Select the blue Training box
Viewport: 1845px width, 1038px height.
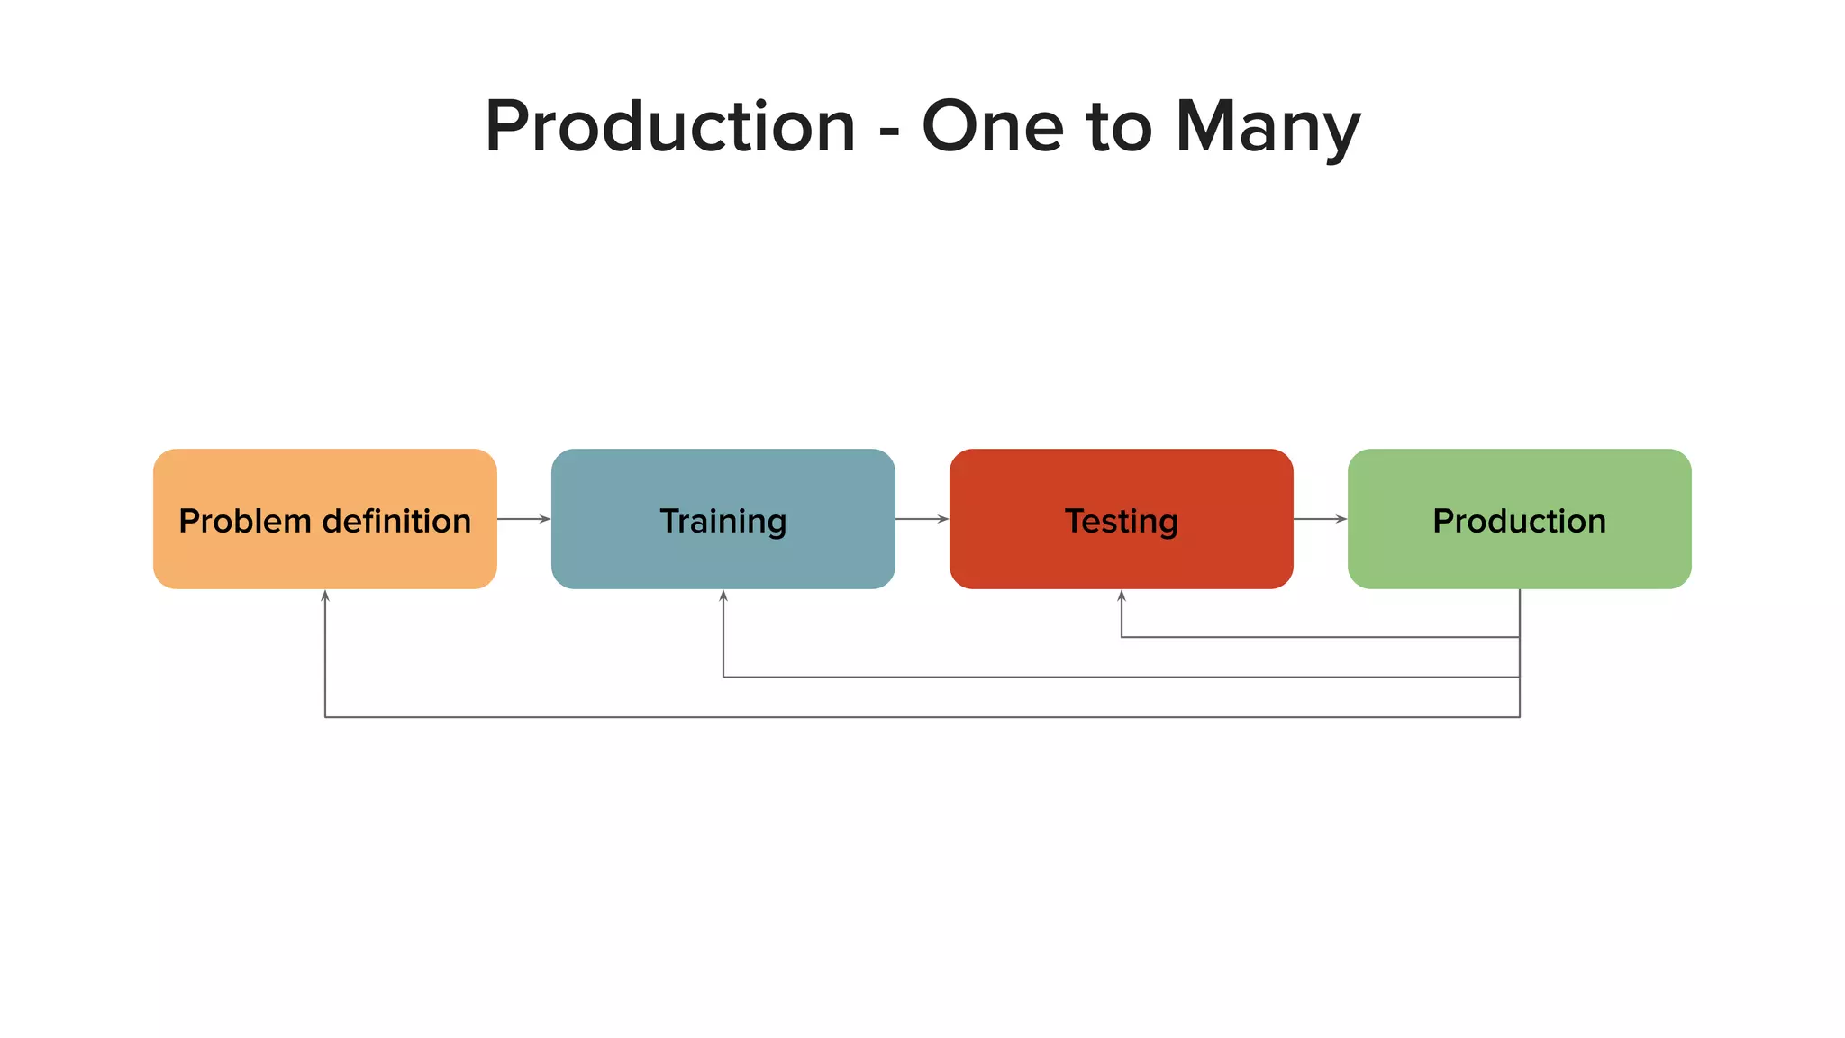723,519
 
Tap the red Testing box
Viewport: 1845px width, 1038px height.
1121,519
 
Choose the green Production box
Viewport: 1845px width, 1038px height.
1519,519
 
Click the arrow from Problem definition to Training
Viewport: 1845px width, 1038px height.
523,519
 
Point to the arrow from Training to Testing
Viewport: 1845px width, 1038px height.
922,519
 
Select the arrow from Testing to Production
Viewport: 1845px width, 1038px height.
1320,519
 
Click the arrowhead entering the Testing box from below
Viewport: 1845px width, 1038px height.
1122,596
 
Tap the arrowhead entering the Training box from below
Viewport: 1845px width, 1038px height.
723,596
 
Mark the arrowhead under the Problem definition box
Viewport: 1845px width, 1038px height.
325,596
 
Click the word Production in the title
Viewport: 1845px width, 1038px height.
670,127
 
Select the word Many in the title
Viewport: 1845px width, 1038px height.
1268,127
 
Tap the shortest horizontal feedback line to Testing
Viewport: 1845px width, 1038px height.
1320,637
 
